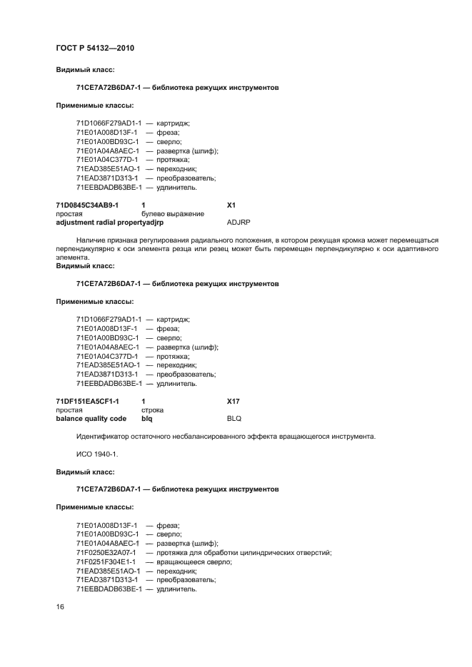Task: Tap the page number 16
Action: pyautogui.click(x=60, y=606)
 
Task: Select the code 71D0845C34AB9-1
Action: pyautogui.click(x=87, y=205)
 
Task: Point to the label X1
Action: pyautogui.click(x=231, y=205)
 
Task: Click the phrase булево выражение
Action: pyautogui.click(x=173, y=213)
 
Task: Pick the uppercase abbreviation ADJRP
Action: pyautogui.click(x=238, y=223)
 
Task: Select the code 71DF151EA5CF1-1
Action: pyautogui.click(x=87, y=401)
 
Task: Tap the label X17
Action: pyautogui.click(x=234, y=401)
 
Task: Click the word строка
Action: pyautogui.click(x=153, y=410)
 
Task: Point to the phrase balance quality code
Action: pyautogui.click(x=91, y=419)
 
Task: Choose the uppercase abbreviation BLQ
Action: pyautogui.click(x=234, y=419)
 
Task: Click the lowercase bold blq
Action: pyautogui.click(x=147, y=419)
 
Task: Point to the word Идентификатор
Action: pyautogui.click(x=102, y=436)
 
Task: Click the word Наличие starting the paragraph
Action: pyautogui.click(x=91, y=240)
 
